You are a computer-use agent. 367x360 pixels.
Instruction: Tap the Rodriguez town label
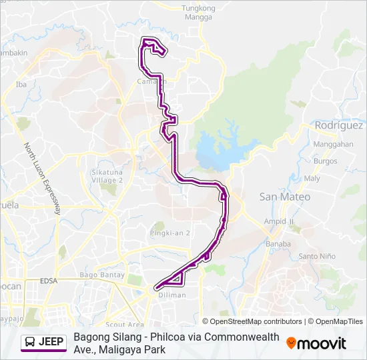point(339,125)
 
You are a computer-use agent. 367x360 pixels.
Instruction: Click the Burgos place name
point(326,161)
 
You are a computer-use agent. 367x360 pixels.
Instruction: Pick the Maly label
point(312,179)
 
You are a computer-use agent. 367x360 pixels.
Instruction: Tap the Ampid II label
point(279,221)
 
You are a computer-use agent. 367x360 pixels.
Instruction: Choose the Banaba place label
point(278,244)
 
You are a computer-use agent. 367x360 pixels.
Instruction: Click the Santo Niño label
point(317,257)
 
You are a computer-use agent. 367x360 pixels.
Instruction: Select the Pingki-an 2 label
point(171,233)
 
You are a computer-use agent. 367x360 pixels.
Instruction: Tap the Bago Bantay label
point(98,275)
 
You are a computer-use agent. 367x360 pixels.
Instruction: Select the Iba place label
point(21,85)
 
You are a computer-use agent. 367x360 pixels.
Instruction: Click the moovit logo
point(316,343)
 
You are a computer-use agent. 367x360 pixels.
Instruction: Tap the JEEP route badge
point(44,343)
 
